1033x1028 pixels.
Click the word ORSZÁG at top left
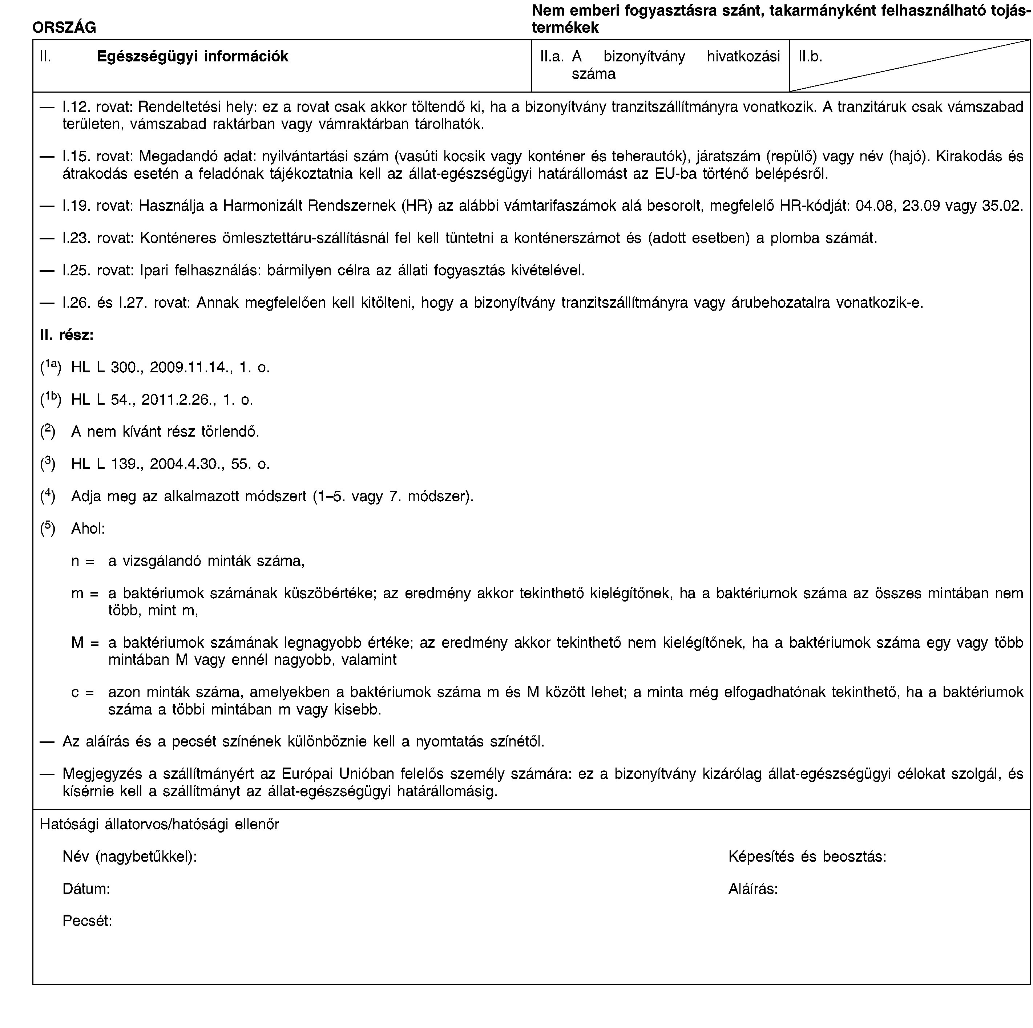[x=64, y=27]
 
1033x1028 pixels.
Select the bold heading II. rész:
[x=67, y=335]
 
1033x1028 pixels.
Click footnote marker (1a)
[x=51, y=367]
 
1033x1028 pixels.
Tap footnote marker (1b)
[x=51, y=399]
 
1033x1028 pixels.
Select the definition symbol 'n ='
[x=83, y=561]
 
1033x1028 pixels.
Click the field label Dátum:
[x=86, y=889]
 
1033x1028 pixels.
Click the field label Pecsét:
[x=87, y=920]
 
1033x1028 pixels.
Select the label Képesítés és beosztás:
[x=807, y=857]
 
